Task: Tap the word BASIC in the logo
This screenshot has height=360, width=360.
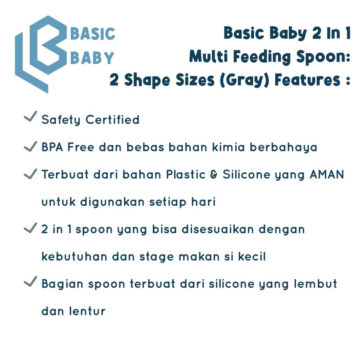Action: pyautogui.click(x=93, y=34)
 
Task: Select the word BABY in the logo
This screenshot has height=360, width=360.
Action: pyautogui.click(x=92, y=58)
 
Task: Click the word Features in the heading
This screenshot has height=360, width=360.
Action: pyautogui.click(x=308, y=80)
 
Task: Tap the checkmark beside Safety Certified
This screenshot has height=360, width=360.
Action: pyautogui.click(x=30, y=118)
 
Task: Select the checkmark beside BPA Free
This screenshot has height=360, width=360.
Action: pyautogui.click(x=30, y=146)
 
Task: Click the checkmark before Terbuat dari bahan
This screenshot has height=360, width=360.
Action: pyautogui.click(x=30, y=174)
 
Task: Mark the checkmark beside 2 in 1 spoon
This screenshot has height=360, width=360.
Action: pyautogui.click(x=30, y=228)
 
